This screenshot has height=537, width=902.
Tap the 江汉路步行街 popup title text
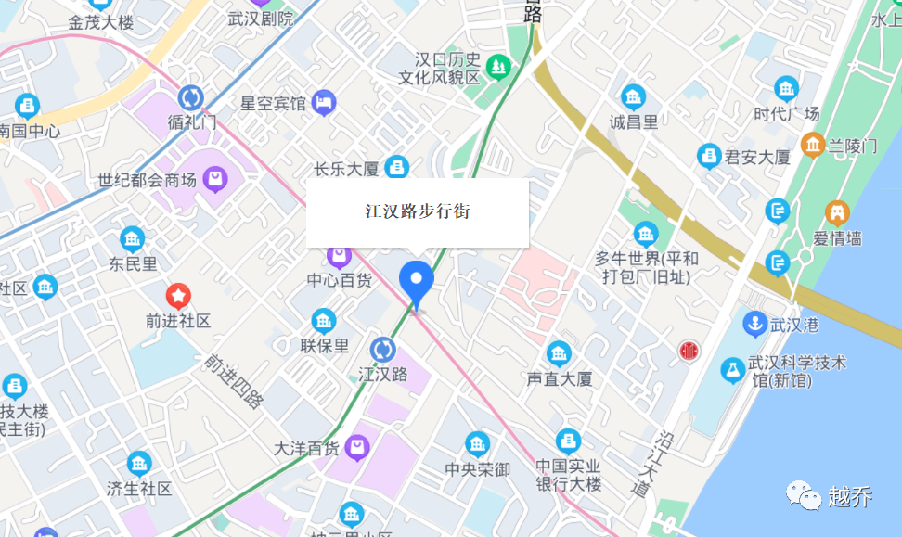click(418, 211)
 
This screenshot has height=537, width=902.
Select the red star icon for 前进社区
click(178, 297)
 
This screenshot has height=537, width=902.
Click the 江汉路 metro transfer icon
click(382, 350)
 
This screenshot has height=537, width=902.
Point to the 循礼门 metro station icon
click(191, 97)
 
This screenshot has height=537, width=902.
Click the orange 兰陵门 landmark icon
click(813, 145)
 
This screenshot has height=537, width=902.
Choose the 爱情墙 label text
click(837, 238)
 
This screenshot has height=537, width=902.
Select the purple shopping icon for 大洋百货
click(356, 449)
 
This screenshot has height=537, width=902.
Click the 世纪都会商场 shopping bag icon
click(215, 178)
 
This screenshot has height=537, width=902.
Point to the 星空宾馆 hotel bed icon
click(324, 102)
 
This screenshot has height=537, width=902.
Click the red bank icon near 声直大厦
click(688, 352)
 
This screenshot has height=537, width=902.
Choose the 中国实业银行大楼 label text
click(569, 475)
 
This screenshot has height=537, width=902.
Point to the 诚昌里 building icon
click(634, 96)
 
